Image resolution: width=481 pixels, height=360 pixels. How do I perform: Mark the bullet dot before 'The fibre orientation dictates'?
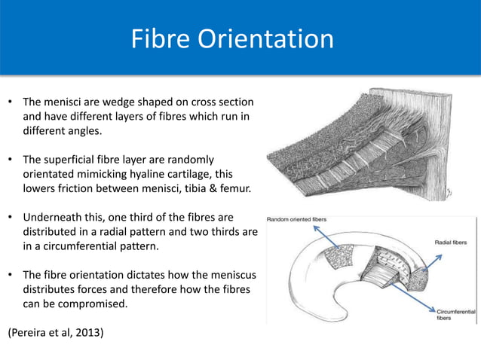[x=10, y=274]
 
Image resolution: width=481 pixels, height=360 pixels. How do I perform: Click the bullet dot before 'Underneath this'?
[x=10, y=217]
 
